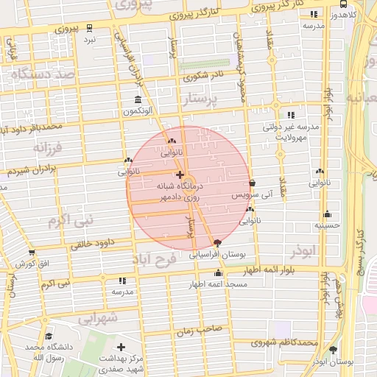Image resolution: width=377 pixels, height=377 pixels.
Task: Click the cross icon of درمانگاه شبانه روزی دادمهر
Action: click(x=180, y=175)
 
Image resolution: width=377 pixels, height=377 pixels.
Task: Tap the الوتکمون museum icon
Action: click(x=138, y=100)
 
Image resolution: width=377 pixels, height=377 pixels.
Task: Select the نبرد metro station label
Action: click(x=89, y=38)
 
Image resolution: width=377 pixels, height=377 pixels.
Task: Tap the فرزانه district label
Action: click(x=49, y=147)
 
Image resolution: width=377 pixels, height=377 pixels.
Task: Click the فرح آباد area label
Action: click(x=155, y=260)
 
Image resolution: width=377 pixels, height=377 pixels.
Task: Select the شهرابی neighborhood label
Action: click(x=98, y=318)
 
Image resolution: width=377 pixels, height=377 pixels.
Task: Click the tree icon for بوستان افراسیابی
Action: click(x=216, y=244)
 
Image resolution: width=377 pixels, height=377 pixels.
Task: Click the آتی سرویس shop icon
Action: click(x=253, y=184)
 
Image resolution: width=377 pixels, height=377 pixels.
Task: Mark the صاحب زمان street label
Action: click(x=195, y=332)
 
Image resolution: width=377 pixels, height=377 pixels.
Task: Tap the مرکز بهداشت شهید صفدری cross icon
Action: click(x=121, y=346)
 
